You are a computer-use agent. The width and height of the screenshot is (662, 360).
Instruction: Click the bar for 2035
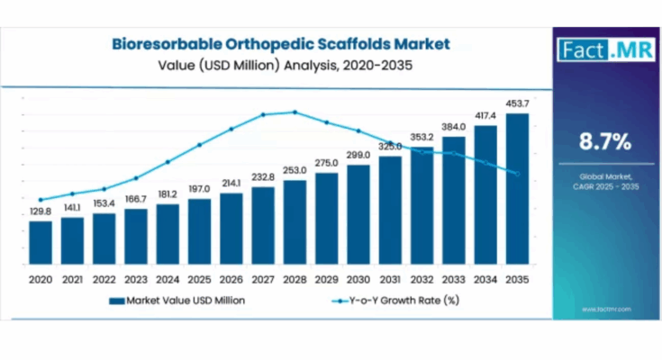[518, 193]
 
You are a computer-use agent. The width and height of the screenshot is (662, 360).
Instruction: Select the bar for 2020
[41, 247]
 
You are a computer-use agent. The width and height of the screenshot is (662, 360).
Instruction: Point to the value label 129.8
[41, 212]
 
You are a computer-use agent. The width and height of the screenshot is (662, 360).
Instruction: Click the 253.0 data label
[295, 170]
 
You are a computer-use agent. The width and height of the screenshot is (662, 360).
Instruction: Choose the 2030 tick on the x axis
[358, 280]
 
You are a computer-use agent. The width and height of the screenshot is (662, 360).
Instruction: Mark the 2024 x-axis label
[168, 280]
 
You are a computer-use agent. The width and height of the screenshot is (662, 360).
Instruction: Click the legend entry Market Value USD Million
[186, 300]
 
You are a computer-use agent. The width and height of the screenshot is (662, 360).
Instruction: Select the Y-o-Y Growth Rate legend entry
[406, 300]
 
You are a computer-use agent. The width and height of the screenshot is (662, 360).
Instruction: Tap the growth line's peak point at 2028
[295, 112]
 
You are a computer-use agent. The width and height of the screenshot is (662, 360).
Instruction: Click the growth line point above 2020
[41, 200]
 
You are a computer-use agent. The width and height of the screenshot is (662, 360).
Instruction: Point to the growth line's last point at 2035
[518, 174]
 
